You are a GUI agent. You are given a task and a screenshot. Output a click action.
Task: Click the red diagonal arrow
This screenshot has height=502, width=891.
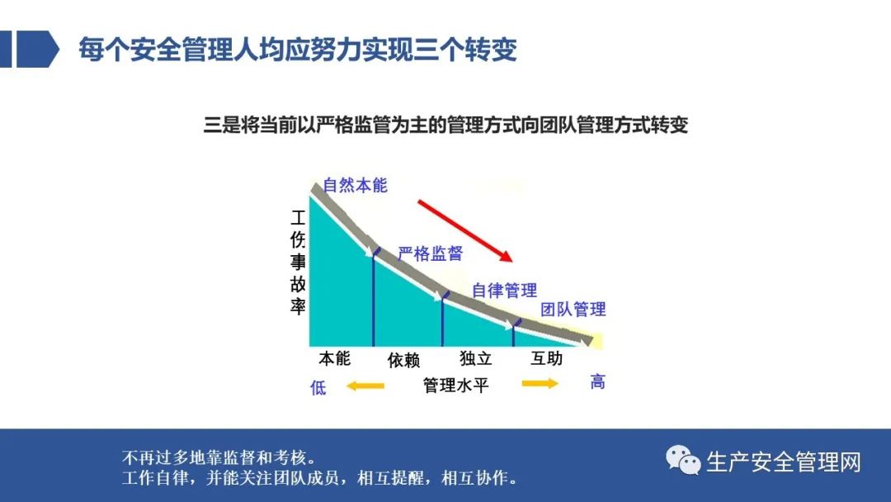464,230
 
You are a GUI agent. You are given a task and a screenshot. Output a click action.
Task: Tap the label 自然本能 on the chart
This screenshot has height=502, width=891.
355,185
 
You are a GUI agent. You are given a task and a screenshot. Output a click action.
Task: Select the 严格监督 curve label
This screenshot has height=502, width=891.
430,253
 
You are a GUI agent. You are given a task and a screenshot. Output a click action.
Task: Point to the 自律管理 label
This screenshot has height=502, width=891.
505,291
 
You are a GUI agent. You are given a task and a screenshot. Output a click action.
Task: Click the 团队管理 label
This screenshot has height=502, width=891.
573,310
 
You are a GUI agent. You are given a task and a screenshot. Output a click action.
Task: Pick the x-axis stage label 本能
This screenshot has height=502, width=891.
335,358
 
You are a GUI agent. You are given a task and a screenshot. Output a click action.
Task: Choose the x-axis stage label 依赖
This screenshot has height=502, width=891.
403,360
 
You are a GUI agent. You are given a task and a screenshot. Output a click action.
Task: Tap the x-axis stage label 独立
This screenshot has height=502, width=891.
476,358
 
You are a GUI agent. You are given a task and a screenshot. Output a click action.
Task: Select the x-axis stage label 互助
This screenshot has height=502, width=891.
546,358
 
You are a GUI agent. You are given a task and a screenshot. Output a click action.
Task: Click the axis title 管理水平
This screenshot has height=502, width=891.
455,386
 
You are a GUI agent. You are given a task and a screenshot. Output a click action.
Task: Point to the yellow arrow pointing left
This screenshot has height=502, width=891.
365,386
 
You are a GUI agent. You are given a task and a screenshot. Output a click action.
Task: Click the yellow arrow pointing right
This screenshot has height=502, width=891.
540,384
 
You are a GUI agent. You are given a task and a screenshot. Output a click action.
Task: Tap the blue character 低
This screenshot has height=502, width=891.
318,388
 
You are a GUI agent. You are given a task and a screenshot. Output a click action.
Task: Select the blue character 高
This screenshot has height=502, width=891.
597,381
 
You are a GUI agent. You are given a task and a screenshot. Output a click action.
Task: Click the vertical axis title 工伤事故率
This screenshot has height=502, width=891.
298,262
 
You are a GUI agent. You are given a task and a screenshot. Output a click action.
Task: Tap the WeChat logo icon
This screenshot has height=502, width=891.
683,459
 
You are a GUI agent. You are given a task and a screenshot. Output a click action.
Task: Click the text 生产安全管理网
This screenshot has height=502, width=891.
784,462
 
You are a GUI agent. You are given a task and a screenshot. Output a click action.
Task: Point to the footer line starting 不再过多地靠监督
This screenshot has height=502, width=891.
219,457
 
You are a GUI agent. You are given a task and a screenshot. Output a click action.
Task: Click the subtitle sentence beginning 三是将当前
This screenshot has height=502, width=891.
445,125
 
